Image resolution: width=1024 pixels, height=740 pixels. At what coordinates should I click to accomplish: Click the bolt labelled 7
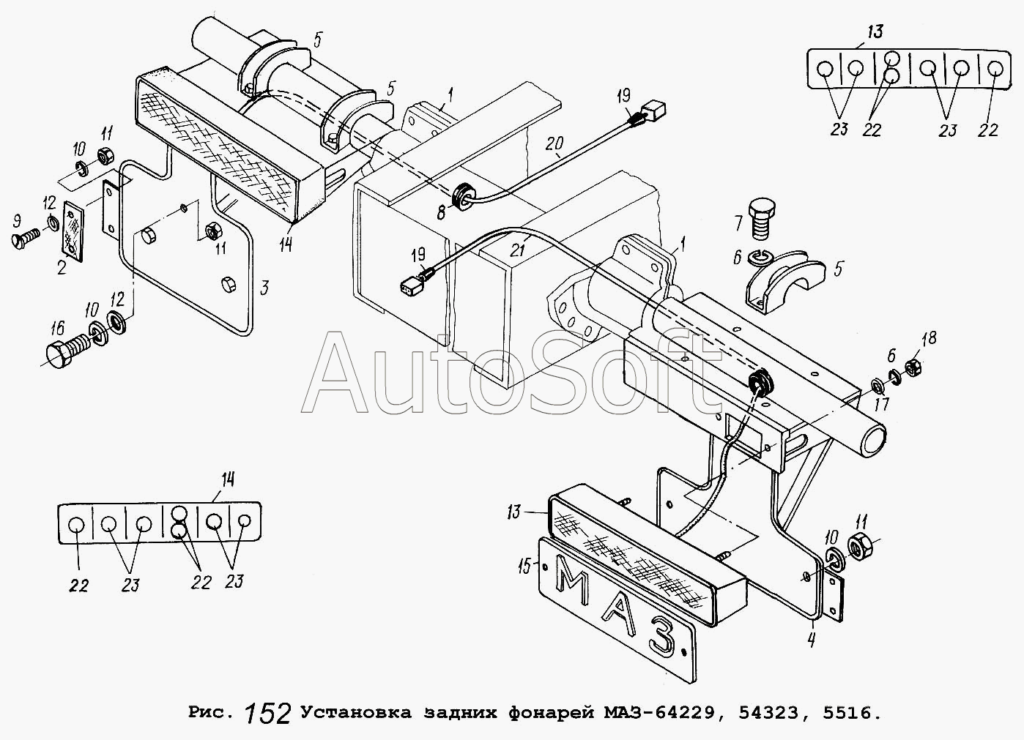(x=762, y=225)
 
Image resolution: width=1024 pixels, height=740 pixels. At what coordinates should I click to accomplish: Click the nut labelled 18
(x=913, y=367)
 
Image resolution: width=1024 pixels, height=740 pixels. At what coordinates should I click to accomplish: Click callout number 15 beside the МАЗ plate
(x=524, y=567)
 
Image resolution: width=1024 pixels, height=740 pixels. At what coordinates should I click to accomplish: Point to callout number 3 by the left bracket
(x=264, y=288)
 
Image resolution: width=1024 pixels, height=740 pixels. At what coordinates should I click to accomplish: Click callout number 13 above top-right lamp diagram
(x=875, y=32)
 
